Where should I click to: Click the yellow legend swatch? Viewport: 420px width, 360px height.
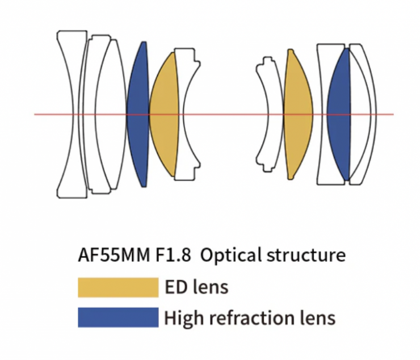(x=118, y=287)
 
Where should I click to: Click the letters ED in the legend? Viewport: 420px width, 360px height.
(x=176, y=287)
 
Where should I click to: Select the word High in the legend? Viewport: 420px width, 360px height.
(x=182, y=317)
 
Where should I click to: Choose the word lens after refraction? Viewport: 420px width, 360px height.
(x=316, y=317)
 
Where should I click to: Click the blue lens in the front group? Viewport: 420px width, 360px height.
(x=138, y=114)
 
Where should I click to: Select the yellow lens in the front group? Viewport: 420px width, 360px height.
(x=163, y=114)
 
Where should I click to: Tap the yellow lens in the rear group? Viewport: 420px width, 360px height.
(x=297, y=114)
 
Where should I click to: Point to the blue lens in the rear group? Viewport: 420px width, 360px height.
(x=339, y=114)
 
